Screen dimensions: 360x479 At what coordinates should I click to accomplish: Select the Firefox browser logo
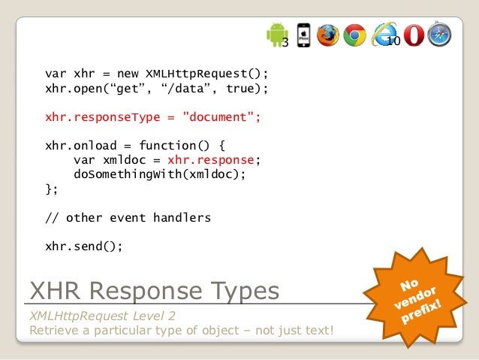tap(328, 35)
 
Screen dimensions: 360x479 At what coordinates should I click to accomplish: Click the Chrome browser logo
tap(354, 35)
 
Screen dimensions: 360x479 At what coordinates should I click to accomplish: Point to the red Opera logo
tap(413, 35)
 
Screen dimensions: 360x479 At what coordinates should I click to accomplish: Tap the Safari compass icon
tap(439, 35)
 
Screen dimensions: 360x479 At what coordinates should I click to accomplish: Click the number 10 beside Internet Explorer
tap(393, 41)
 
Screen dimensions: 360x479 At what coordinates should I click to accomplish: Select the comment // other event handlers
tap(128, 217)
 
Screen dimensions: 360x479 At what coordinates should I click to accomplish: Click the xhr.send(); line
tap(83, 246)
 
